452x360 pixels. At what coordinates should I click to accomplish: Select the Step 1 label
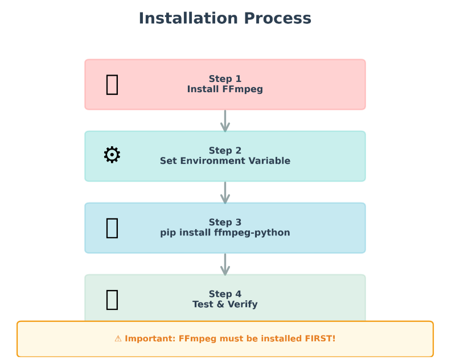coord(225,79)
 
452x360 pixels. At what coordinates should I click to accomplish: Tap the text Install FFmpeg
coord(225,89)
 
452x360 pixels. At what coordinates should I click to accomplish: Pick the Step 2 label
coord(225,151)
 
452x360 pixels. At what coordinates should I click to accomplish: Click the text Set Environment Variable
coord(225,161)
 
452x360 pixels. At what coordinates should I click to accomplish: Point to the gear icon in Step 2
coord(112,155)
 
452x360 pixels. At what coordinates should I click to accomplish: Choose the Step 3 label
coord(225,222)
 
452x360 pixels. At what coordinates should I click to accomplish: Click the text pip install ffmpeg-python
coord(225,233)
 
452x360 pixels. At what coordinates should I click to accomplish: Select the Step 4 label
coord(225,294)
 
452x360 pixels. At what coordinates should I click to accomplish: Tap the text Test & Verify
coord(225,304)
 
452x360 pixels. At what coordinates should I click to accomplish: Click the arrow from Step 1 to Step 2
coord(225,121)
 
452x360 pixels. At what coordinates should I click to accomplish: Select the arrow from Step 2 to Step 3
coord(225,192)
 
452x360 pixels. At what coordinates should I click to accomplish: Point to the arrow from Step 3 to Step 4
coord(225,264)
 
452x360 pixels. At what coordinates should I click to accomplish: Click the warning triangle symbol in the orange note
coord(118,339)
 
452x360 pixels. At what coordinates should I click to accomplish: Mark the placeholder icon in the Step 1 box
coord(112,85)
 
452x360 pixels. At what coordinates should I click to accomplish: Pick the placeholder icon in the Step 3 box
coord(112,228)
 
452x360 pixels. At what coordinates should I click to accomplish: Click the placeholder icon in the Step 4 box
coord(112,300)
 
